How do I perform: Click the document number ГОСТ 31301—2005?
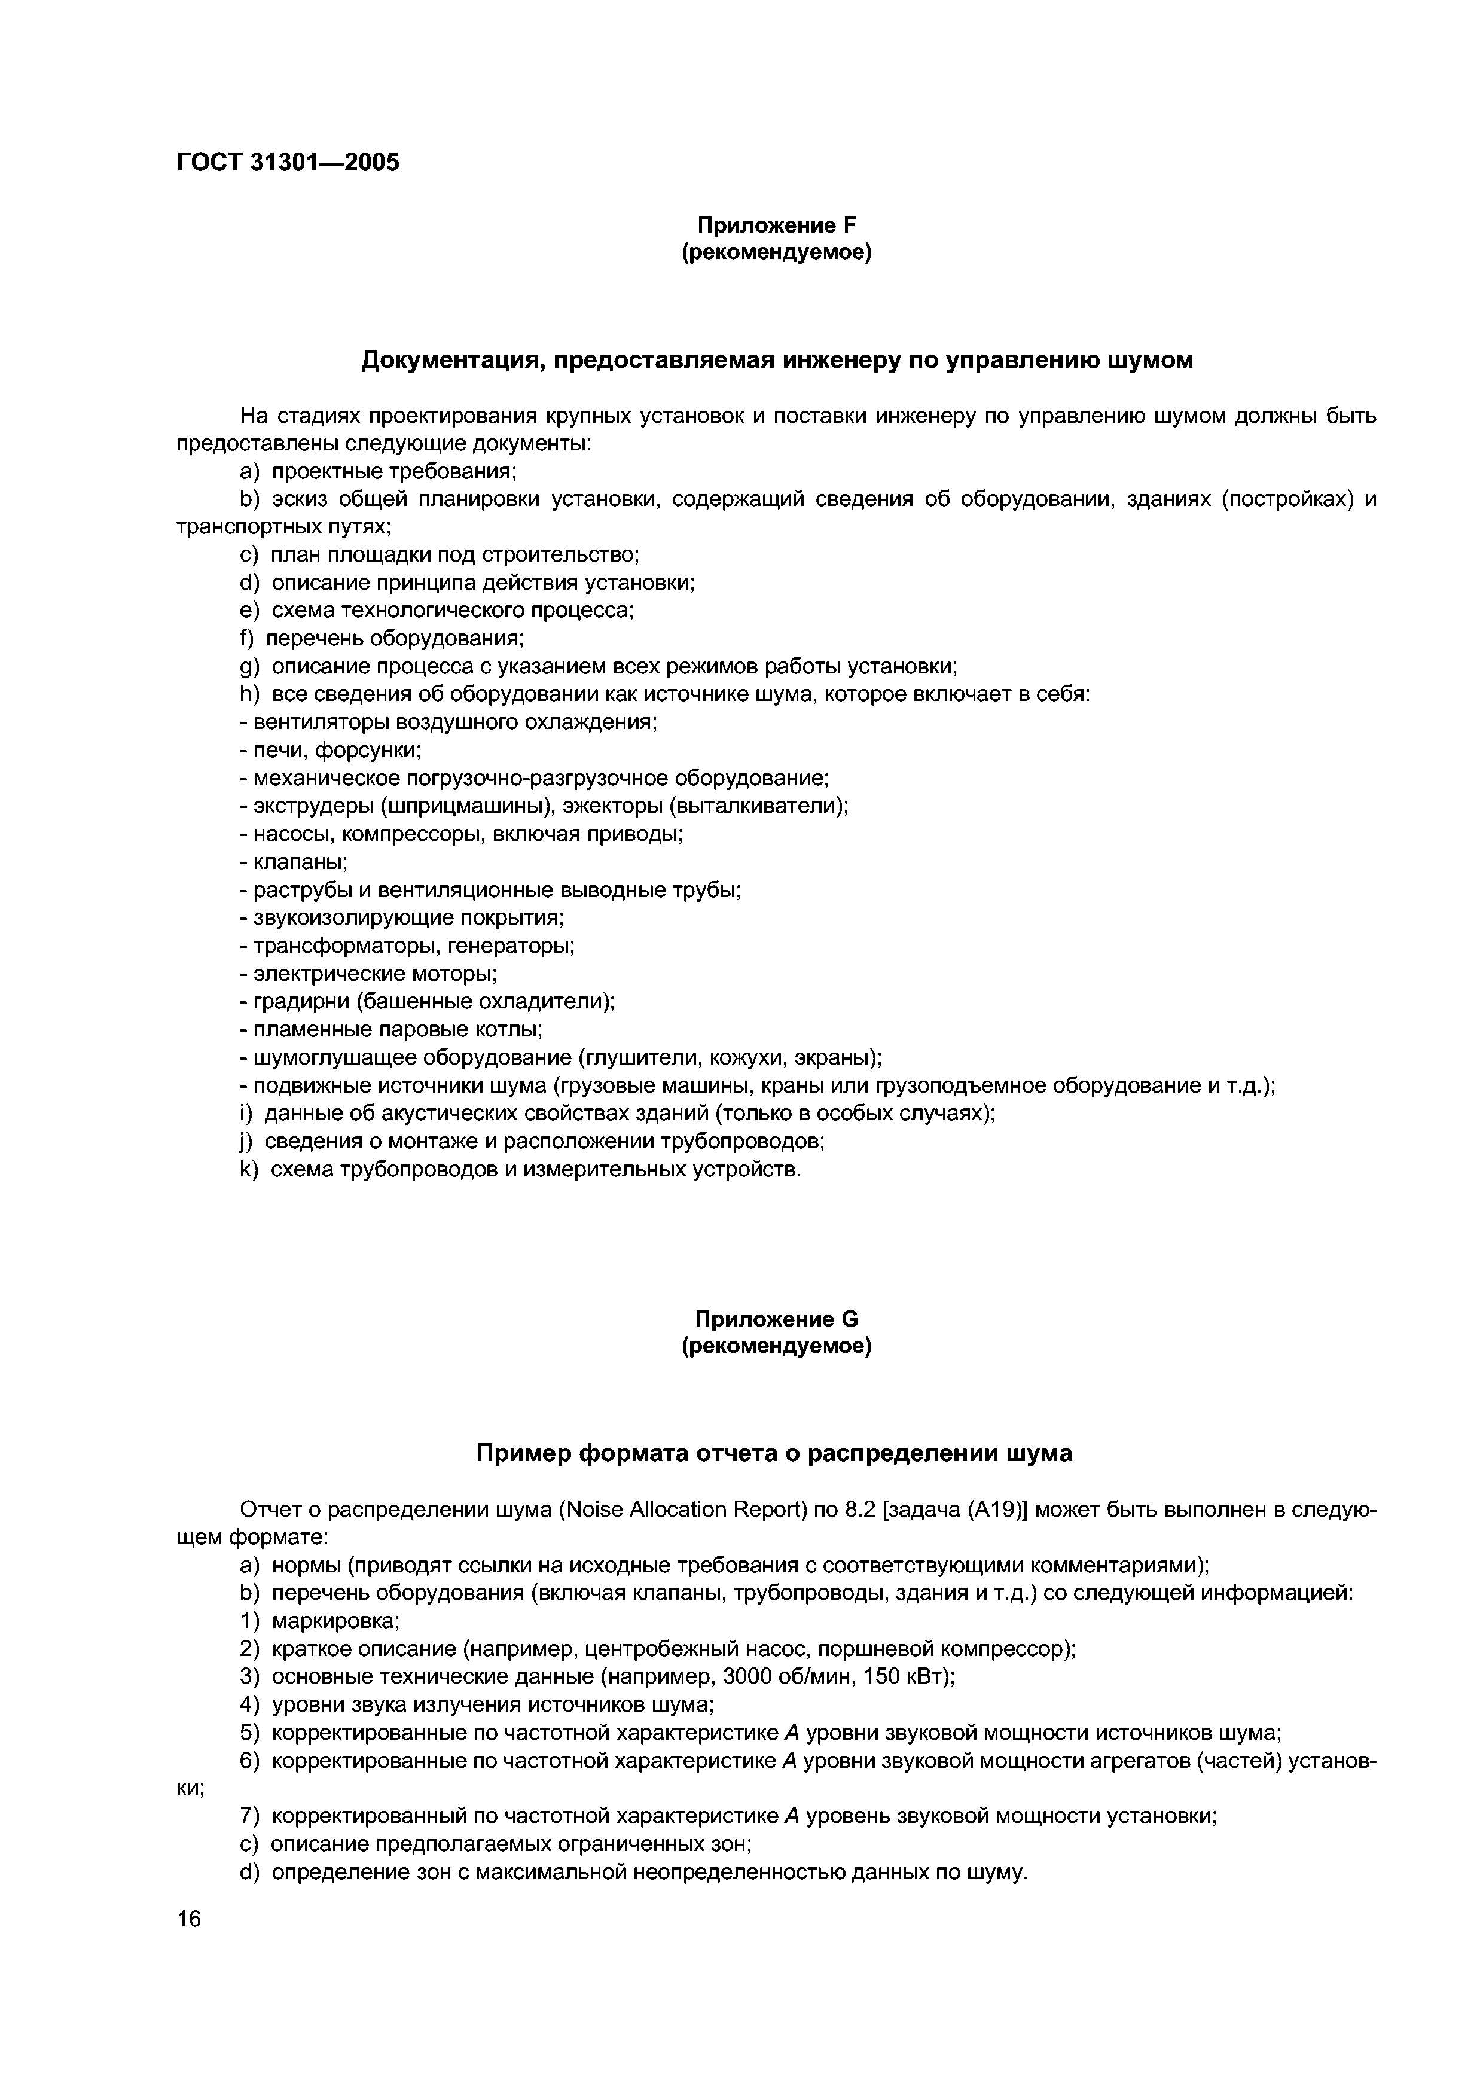point(288,163)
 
